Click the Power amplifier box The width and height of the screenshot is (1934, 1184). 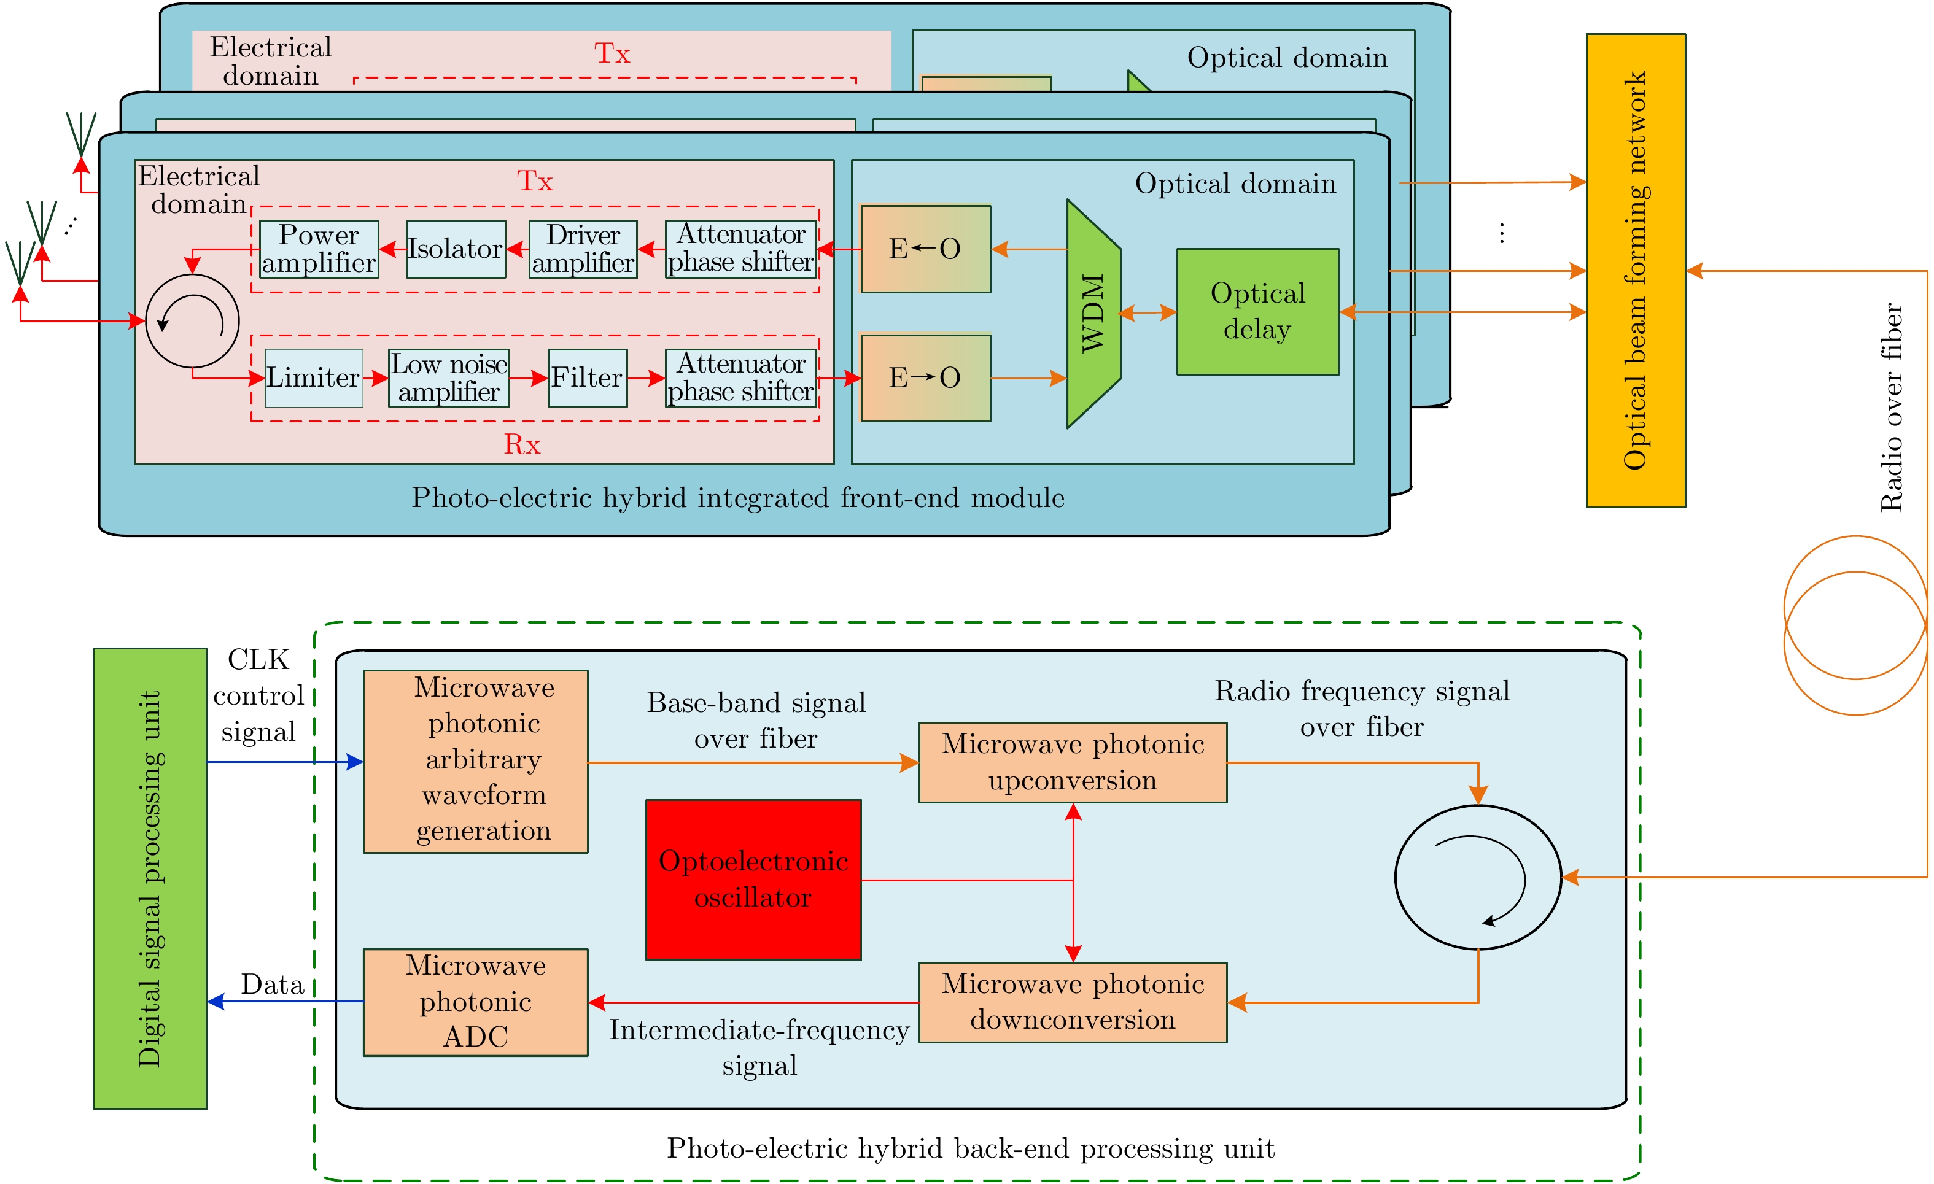point(319,249)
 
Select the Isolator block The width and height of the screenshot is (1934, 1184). point(455,249)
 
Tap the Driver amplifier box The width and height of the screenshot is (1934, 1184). point(583,249)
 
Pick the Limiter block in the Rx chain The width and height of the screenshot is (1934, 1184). point(313,377)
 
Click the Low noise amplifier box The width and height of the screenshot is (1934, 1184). point(448,377)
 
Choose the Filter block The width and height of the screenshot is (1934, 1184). point(587,377)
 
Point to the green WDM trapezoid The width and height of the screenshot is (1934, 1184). point(1093,313)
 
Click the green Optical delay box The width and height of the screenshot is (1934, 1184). point(1257,311)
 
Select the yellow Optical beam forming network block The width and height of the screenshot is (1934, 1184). point(1635,270)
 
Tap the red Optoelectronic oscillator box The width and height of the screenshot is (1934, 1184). point(753,879)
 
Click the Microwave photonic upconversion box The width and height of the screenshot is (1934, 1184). point(1072,761)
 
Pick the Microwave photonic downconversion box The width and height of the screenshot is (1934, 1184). point(1072,1001)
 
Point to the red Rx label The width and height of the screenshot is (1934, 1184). point(522,445)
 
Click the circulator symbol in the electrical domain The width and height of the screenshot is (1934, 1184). point(192,320)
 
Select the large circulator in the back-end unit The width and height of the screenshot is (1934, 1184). point(1477,876)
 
